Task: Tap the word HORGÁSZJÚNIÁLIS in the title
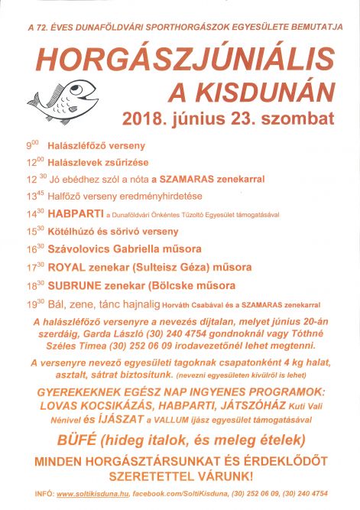(x=183, y=59)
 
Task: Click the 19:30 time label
(x=34, y=303)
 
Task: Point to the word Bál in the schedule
(x=58, y=303)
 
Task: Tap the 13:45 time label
(x=34, y=195)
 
